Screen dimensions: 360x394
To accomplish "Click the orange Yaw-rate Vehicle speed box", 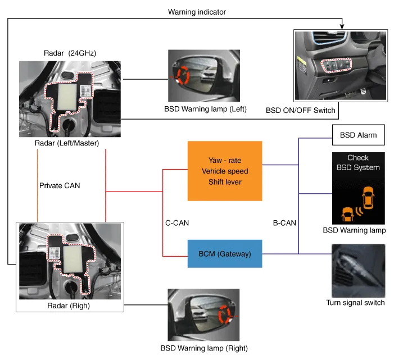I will coord(225,171).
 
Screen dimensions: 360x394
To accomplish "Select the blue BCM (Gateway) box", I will coord(225,254).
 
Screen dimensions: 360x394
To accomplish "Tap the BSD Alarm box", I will coord(358,135).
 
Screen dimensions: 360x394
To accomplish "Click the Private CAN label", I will coord(60,185).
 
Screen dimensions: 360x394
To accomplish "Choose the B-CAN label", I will coord(284,222).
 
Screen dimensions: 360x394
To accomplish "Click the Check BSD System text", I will coord(357,163).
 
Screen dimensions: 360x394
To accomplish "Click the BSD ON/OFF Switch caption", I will coord(301,111).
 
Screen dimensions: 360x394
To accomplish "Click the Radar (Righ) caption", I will coord(70,306).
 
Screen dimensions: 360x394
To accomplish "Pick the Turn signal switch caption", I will coord(355,303).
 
